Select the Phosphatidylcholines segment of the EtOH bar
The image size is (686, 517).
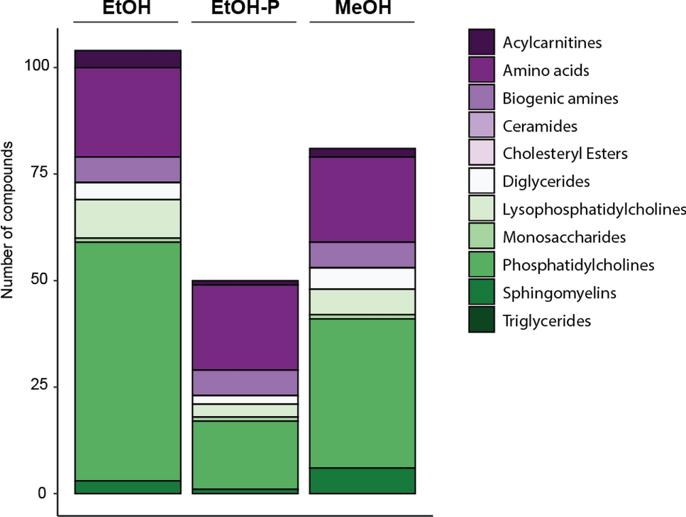click(128, 361)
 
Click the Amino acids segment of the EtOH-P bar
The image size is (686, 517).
click(245, 327)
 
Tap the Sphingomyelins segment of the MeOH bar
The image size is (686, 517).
click(363, 480)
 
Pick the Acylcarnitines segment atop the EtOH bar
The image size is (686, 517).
click(128, 59)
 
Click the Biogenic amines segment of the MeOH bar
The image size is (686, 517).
click(363, 255)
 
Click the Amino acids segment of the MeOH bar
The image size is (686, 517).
click(363, 200)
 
